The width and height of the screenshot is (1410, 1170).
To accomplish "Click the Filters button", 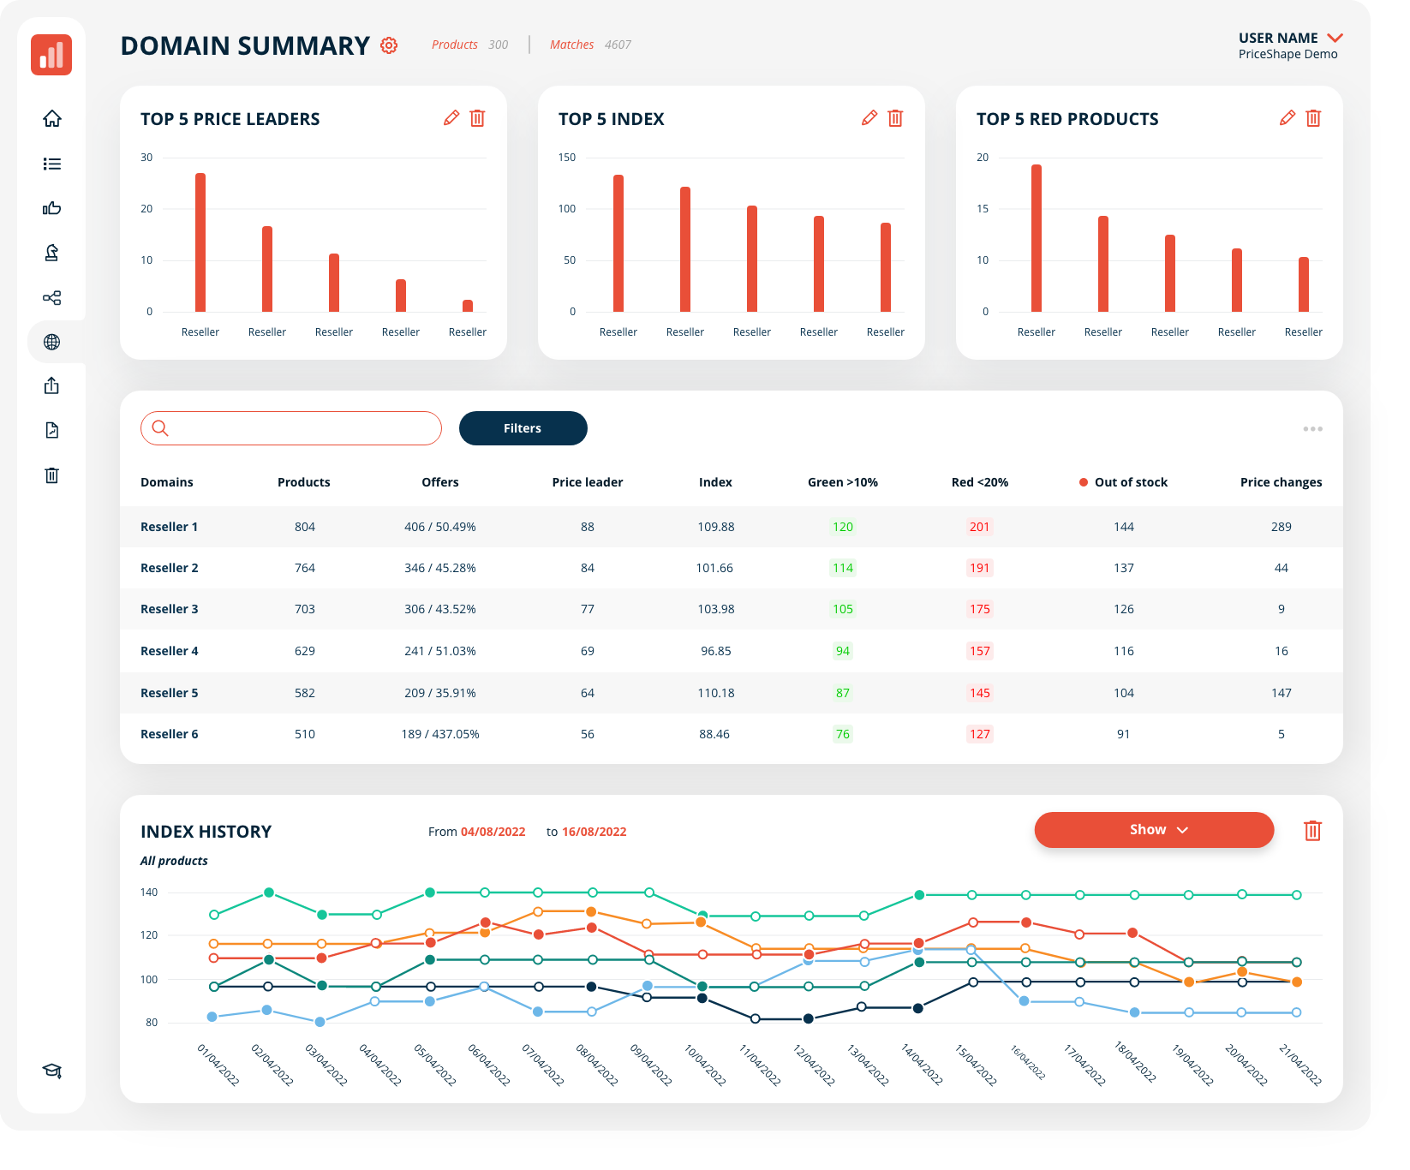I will point(523,428).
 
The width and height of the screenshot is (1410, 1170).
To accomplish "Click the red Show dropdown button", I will point(1153,830).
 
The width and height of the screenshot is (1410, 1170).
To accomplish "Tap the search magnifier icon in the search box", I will point(160,428).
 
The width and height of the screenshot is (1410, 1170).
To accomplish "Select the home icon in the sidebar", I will point(52,118).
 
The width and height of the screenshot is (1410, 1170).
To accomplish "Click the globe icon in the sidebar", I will point(52,342).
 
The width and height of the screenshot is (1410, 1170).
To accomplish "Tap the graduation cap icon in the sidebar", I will point(52,1071).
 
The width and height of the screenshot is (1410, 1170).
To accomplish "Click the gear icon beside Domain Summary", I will point(389,45).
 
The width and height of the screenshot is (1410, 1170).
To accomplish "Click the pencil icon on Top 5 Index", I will point(869,118).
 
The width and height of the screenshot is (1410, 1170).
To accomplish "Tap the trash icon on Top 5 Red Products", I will point(1313,118).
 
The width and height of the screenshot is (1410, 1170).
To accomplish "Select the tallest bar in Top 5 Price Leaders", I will point(200,242).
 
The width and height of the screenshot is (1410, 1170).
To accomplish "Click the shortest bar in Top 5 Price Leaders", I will point(468,306).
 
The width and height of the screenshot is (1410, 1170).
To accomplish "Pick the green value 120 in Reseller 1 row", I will point(843,527).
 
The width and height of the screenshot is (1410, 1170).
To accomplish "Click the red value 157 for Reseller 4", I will point(980,651).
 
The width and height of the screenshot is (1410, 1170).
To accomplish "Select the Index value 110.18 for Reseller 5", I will point(716,693).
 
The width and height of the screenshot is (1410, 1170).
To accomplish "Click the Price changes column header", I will point(1281,482).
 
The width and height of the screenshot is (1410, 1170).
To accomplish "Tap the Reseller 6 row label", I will point(170,734).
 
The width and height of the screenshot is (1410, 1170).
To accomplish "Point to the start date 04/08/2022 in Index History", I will point(493,832).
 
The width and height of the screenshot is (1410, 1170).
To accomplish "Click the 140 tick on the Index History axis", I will point(149,892).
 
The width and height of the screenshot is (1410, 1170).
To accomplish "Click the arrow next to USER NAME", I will point(1335,38).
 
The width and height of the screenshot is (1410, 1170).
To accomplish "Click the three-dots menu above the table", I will point(1312,429).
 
